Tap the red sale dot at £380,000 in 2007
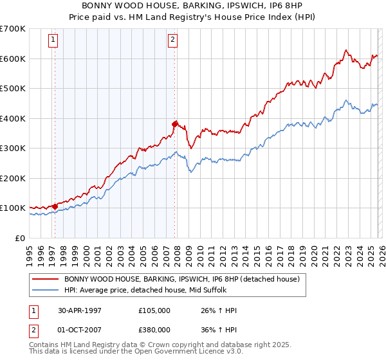tap(174, 124)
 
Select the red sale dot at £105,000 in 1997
tap(55, 206)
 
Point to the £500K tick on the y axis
tap(13, 89)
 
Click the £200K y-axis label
tap(13, 178)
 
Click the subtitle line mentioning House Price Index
tap(193, 17)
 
